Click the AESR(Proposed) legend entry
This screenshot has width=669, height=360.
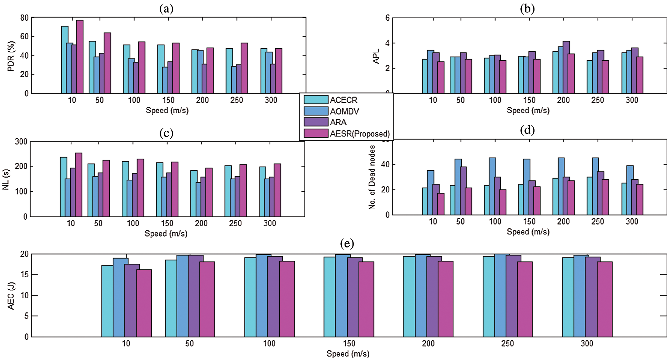(x=360, y=133)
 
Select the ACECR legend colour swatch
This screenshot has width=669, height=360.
(x=316, y=100)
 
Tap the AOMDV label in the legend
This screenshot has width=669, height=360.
(x=344, y=111)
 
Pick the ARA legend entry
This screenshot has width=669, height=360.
(x=338, y=122)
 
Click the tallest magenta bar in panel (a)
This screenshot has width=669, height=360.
(x=80, y=57)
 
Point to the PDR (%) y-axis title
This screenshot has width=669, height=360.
(x=11, y=56)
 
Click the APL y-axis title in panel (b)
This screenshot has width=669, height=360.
(x=376, y=56)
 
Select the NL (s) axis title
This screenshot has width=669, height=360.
(x=6, y=179)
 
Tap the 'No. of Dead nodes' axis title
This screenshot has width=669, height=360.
(x=372, y=177)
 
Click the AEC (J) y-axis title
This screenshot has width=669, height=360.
(x=11, y=296)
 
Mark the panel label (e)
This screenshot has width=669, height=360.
(x=347, y=243)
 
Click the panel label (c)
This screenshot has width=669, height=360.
(x=166, y=133)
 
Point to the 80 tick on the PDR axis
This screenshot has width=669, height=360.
(x=24, y=18)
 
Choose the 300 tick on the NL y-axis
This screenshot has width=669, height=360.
(x=21, y=142)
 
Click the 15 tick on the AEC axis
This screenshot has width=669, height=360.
(x=24, y=275)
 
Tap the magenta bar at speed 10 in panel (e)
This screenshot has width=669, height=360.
(x=144, y=303)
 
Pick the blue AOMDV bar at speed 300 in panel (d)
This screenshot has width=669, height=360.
(x=630, y=190)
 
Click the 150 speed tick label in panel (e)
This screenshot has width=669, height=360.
(x=349, y=343)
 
